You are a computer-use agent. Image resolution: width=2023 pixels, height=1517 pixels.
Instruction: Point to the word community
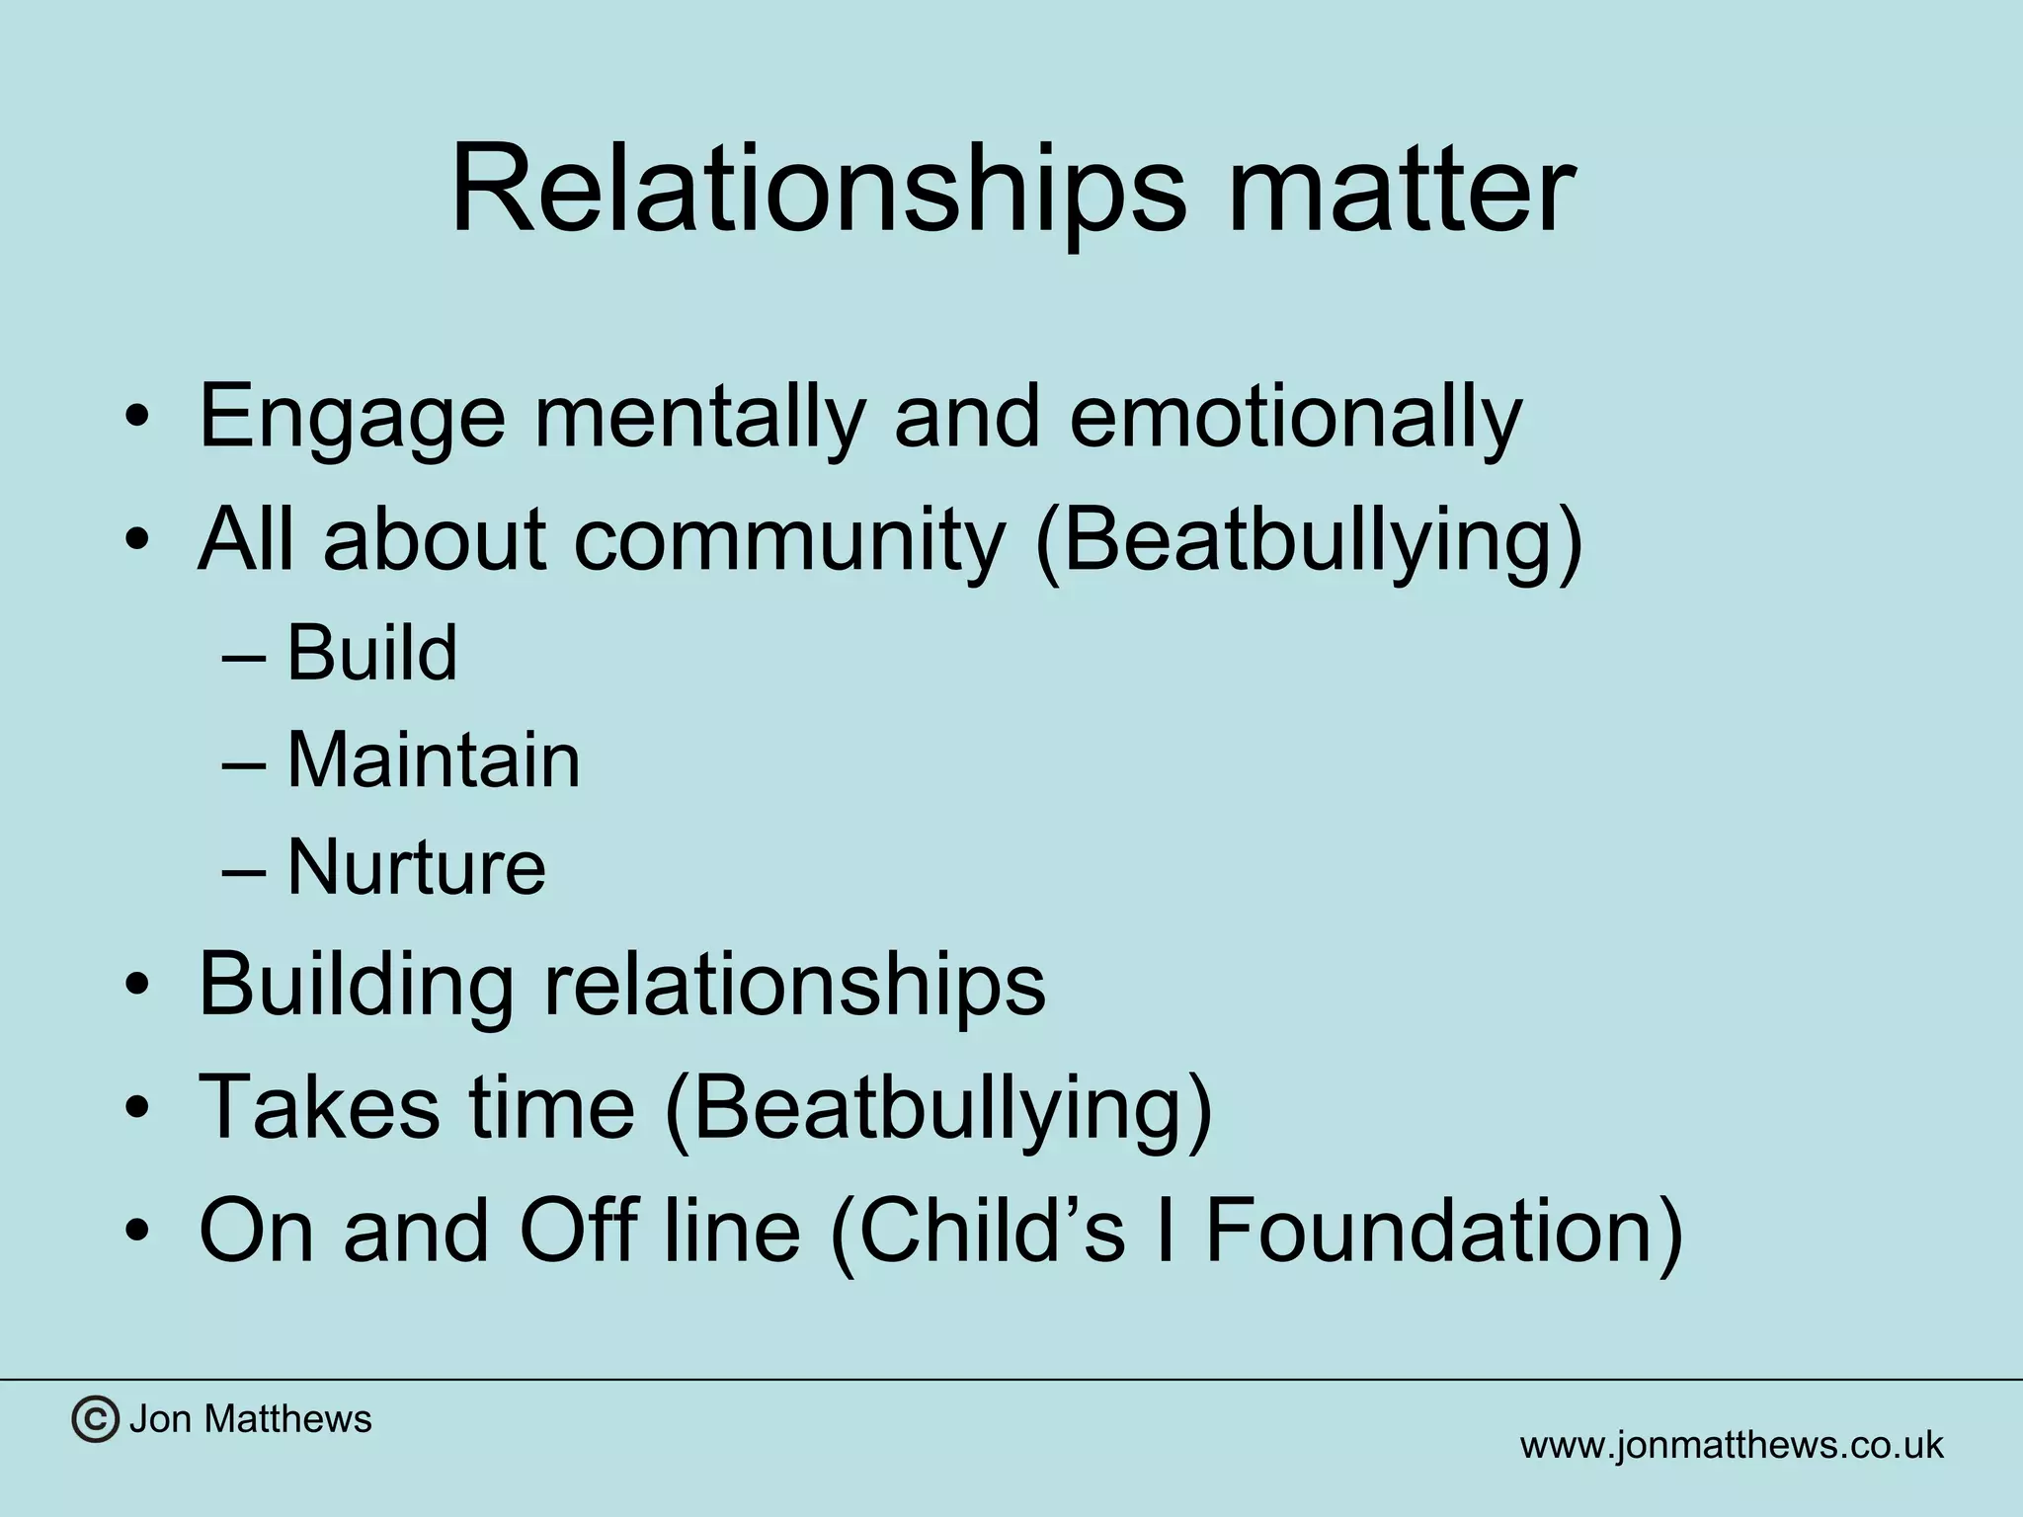[x=788, y=541]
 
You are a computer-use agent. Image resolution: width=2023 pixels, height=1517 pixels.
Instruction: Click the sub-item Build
[x=371, y=654]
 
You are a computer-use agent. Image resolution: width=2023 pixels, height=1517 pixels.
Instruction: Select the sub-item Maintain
[x=433, y=760]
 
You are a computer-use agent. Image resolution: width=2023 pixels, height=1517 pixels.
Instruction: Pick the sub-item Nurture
[x=415, y=867]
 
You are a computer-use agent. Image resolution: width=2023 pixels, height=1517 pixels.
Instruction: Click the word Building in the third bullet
[x=356, y=984]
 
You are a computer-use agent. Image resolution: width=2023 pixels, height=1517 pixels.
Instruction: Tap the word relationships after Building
[x=794, y=984]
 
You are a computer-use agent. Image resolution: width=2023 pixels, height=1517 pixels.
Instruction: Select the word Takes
[x=318, y=1106]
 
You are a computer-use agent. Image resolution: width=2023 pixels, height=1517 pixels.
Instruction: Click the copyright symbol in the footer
[x=95, y=1420]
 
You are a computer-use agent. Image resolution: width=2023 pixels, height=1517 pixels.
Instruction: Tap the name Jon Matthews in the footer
[x=251, y=1420]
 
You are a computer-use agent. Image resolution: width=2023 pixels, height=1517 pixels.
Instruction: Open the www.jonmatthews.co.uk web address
[x=1731, y=1446]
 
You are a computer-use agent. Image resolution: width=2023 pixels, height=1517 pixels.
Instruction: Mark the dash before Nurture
[x=244, y=869]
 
